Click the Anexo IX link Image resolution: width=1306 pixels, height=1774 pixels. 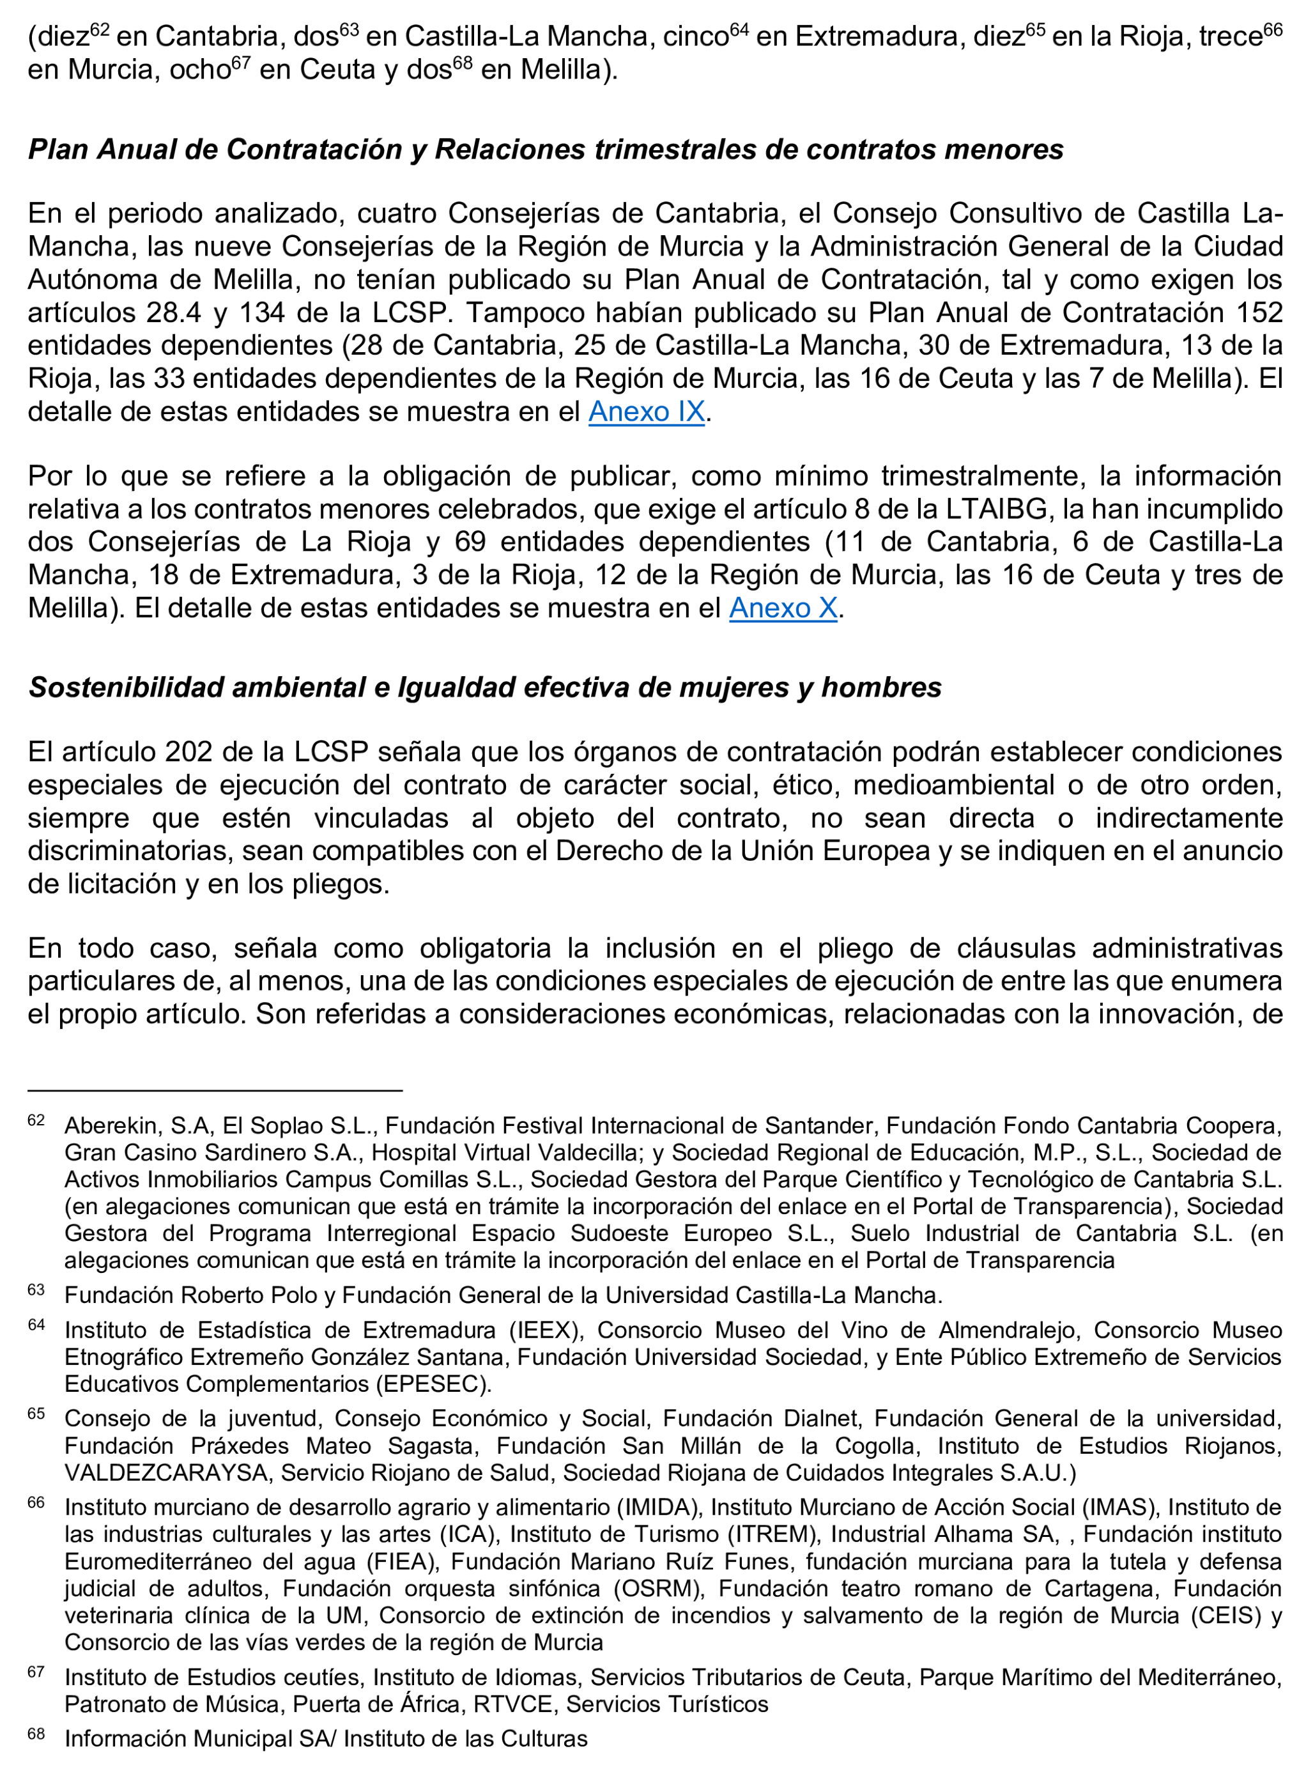click(x=646, y=412)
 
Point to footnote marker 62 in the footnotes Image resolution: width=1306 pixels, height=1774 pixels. click(x=36, y=1120)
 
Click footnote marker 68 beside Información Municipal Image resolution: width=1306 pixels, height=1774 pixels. click(x=36, y=1734)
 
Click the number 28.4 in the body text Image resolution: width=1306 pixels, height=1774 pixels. click(x=174, y=313)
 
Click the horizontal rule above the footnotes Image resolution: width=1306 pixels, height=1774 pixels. click(x=215, y=1091)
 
